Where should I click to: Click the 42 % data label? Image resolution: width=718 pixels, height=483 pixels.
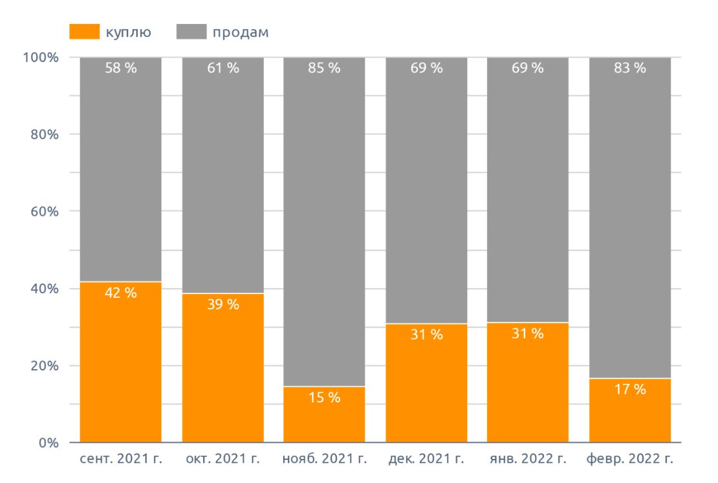pos(120,293)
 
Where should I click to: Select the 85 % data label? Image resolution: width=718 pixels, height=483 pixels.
pos(324,68)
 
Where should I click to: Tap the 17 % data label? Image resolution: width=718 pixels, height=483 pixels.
pos(630,390)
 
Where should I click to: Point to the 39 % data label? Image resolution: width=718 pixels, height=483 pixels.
pos(223,304)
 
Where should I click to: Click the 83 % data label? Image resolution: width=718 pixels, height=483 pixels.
pos(630,68)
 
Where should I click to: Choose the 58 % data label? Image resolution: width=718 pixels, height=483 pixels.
pos(120,68)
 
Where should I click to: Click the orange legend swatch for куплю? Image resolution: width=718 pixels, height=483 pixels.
pos(84,32)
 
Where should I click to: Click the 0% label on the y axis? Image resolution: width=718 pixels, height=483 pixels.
pos(49,444)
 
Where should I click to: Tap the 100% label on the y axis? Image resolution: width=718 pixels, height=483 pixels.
pos(41,58)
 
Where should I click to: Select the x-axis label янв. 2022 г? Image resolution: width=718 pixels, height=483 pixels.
pos(528,460)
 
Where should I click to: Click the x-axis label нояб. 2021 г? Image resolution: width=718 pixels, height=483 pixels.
pos(325,460)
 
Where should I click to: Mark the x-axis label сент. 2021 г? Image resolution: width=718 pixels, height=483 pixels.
pos(120,460)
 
